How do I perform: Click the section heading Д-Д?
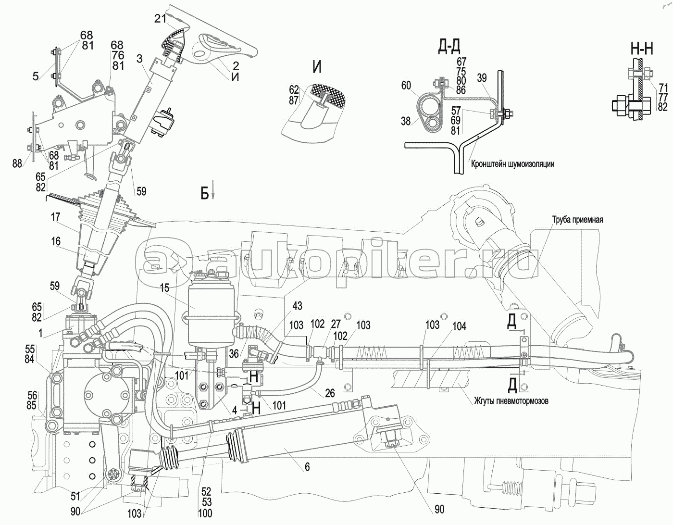coord(449,47)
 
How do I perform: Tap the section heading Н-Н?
coord(642,50)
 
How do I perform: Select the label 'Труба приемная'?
coord(577,220)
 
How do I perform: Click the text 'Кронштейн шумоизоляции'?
coord(512,164)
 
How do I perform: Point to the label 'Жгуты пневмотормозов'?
coord(511,401)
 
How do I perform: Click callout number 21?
coord(161,19)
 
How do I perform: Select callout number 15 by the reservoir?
coord(165,288)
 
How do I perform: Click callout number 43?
coord(297,306)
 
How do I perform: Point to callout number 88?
coord(17,163)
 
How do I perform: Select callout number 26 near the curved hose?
coord(330,393)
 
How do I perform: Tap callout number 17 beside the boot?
coord(55,217)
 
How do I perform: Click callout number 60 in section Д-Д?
coord(406,85)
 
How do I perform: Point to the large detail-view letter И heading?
coord(317,67)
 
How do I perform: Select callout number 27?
coord(336,324)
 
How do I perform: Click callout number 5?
coord(36,76)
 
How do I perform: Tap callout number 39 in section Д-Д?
coord(482,78)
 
